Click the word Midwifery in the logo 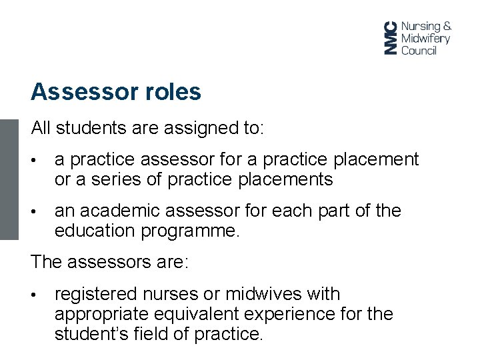point(425,38)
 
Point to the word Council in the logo point(419,50)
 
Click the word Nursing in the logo point(421,26)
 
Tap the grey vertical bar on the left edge point(9,179)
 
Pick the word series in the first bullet point(114,179)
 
